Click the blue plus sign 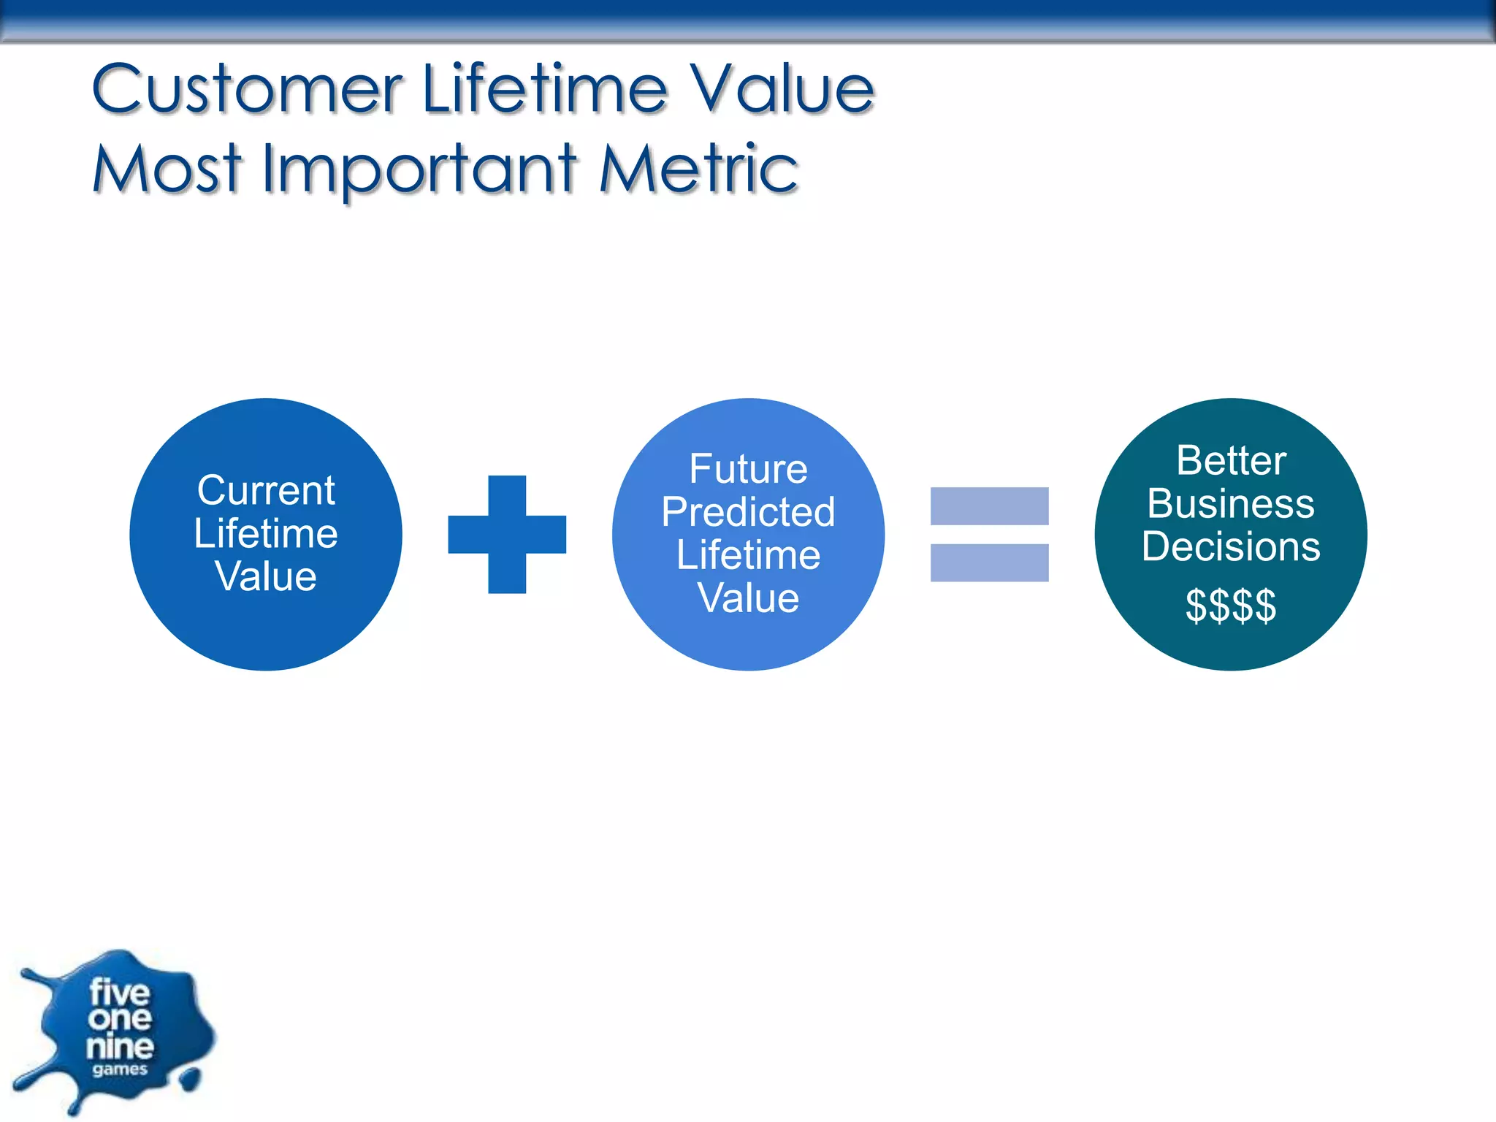click(507, 534)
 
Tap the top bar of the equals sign click(989, 505)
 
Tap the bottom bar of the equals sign click(989, 562)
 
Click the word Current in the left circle click(266, 490)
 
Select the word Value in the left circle click(266, 576)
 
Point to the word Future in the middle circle click(748, 469)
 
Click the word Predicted click(748, 512)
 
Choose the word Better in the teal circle click(1231, 461)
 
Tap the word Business click(1231, 504)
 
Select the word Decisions click(1231, 546)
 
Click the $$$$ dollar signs click(1231, 606)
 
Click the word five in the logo click(120, 993)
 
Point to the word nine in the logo click(120, 1047)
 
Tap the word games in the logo click(120, 1070)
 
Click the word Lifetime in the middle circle click(748, 555)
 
